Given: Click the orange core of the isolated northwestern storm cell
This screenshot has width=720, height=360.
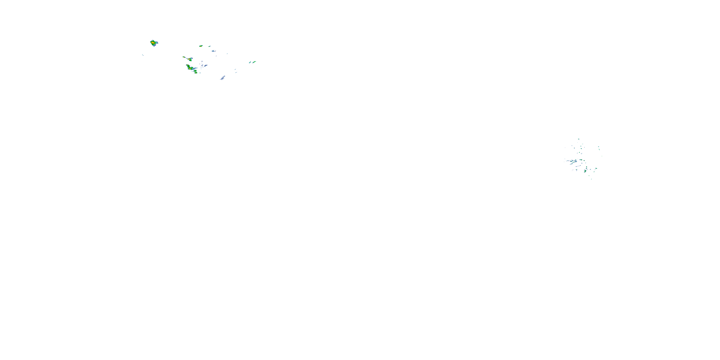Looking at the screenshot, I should click(x=153, y=43).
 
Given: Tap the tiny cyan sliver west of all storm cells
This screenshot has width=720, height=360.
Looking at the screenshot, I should click(x=143, y=55).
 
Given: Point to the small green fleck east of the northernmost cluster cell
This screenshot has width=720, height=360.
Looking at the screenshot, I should click(x=209, y=46).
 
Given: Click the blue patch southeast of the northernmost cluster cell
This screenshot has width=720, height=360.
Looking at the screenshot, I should click(x=214, y=51).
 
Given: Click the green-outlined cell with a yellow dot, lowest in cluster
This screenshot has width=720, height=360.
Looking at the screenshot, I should click(x=196, y=73).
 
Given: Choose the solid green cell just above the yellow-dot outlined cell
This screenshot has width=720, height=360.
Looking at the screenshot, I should click(x=195, y=71).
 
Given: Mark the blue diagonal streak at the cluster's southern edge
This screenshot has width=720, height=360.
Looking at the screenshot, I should click(x=222, y=78).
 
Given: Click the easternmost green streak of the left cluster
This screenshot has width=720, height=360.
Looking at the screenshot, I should click(x=254, y=62).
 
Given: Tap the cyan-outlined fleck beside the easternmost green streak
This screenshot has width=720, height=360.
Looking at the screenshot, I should click(x=250, y=63).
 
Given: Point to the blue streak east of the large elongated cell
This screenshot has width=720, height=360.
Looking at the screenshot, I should click(x=206, y=66).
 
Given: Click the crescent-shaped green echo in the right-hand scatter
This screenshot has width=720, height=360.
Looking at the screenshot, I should click(x=585, y=171).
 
